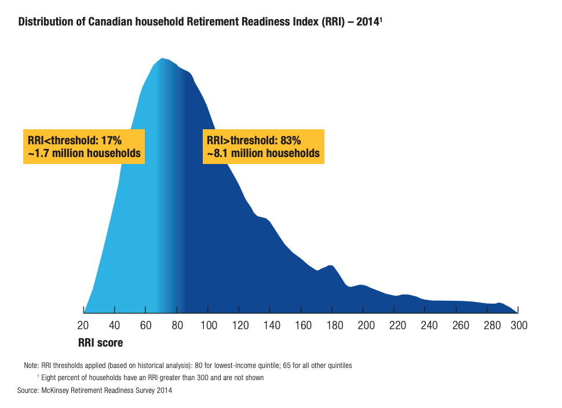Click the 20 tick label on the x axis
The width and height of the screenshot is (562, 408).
click(x=83, y=326)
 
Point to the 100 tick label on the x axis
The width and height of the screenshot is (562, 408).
click(x=209, y=326)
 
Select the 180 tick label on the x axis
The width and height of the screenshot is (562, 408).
click(x=335, y=326)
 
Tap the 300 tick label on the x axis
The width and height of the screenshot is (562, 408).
click(x=519, y=326)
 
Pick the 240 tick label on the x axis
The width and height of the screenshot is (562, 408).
click(x=429, y=326)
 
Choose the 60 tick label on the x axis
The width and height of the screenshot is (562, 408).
click(x=146, y=326)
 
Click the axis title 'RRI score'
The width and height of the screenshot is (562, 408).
click(x=100, y=343)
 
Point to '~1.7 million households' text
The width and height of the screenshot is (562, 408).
click(x=84, y=154)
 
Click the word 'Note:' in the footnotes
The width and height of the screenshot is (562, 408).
click(x=31, y=366)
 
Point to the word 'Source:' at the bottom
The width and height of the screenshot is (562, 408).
click(x=28, y=391)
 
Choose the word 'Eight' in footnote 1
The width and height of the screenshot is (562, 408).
click(x=49, y=378)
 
